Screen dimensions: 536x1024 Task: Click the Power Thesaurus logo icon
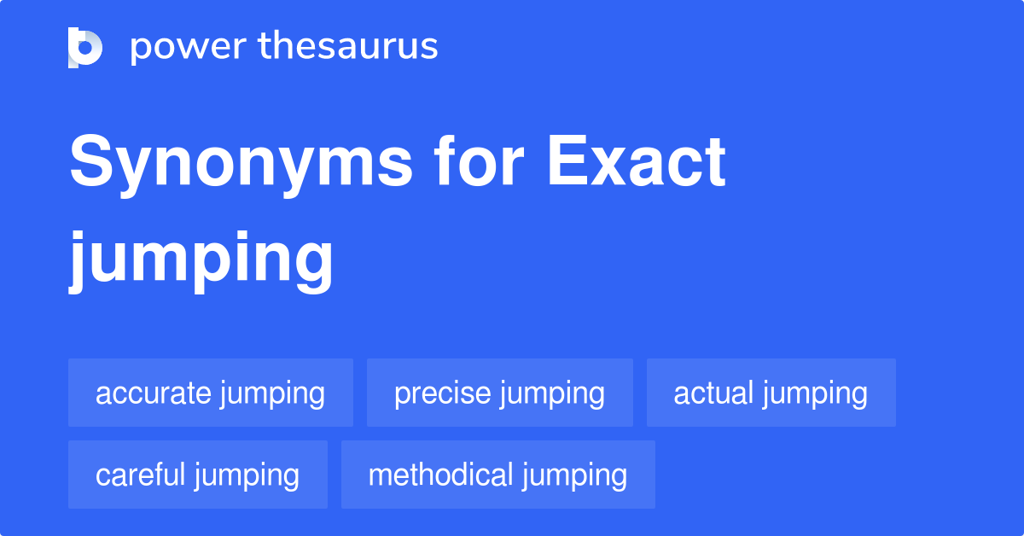tap(85, 47)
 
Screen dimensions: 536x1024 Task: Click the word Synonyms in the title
tap(241, 164)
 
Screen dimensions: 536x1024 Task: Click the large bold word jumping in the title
tap(201, 259)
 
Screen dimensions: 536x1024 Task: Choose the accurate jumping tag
tap(211, 393)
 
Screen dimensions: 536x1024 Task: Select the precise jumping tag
tap(499, 393)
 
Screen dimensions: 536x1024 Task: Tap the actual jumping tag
tap(771, 393)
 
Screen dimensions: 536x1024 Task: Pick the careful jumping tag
tap(198, 475)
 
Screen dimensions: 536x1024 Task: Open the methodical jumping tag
tap(497, 475)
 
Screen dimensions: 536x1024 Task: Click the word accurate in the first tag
tap(153, 393)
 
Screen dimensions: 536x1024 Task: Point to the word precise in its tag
tap(442, 393)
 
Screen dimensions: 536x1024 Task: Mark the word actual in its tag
tap(713, 393)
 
